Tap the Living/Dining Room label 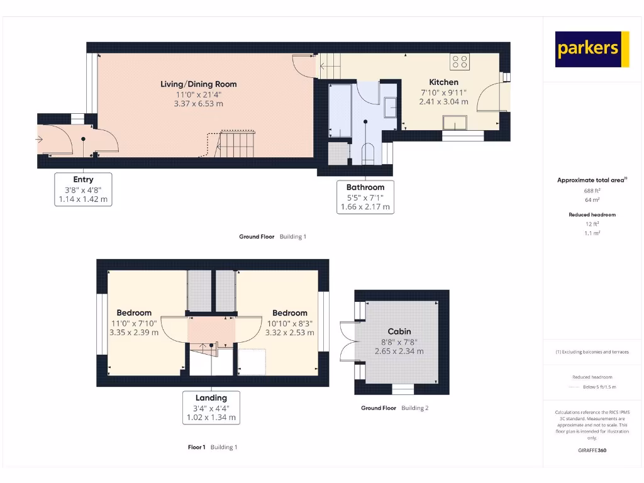(x=198, y=84)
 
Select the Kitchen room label (x=443, y=82)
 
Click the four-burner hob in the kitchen (x=460, y=62)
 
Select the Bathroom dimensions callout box (x=365, y=197)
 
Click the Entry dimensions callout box (x=83, y=189)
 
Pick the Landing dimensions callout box (x=211, y=408)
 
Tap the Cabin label (x=399, y=331)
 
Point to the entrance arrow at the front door (x=40, y=139)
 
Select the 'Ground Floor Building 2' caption (x=394, y=408)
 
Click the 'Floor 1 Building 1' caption (x=212, y=447)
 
